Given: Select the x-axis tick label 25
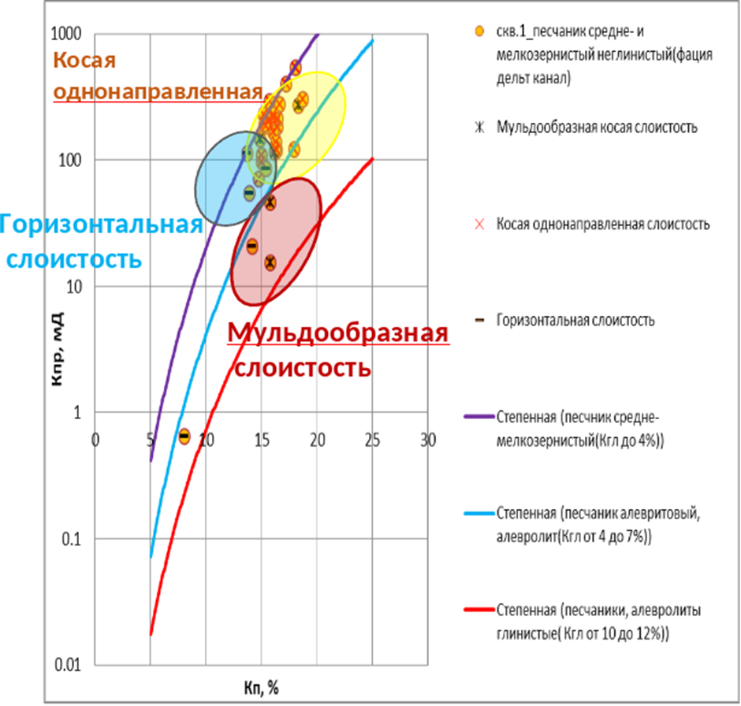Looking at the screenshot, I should pos(373,439).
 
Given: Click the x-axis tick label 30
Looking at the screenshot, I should pos(428,439).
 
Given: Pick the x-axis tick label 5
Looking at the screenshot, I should pos(151,439).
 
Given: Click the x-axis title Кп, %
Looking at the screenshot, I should pos(262,688).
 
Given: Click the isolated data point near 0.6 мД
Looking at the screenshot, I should pos(184,437).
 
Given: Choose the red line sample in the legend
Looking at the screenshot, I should pos(477,611).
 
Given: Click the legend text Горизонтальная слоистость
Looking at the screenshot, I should pos(575,321).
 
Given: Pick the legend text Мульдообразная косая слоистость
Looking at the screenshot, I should pos(597,128).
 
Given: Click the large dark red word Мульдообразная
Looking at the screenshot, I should pos(338,333).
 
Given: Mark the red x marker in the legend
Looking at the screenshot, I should pos(477,224).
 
